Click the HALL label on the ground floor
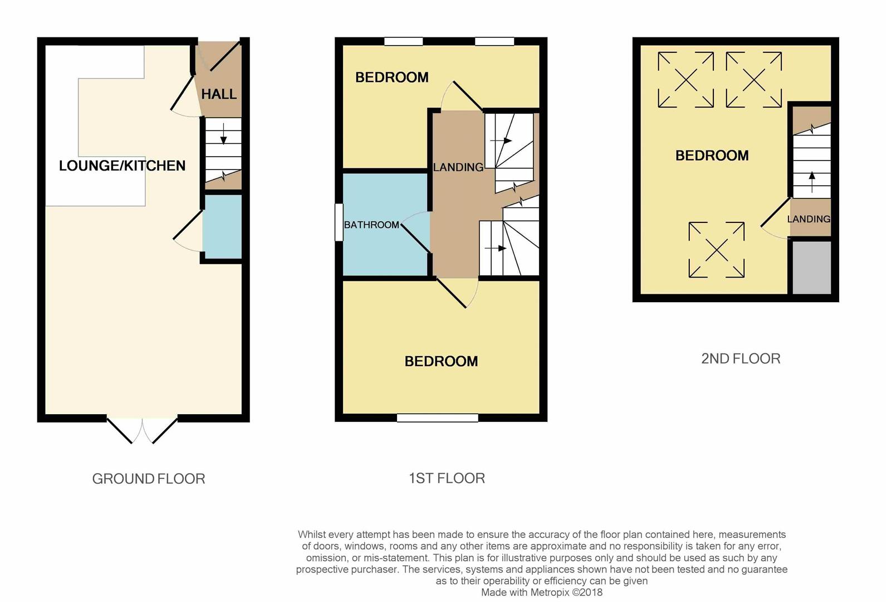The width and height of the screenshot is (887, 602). pos(219,94)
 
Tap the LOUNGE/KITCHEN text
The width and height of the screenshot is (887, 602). pos(122,166)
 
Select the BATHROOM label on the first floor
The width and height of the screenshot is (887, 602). pos(371,225)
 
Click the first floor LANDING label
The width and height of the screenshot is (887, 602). pos(458,167)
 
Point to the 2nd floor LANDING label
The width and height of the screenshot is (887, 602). pos(808,219)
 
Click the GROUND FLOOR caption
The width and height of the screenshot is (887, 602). pos(149,479)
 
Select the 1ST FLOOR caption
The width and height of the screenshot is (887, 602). pos(447,478)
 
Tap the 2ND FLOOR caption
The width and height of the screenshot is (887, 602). pos(741,358)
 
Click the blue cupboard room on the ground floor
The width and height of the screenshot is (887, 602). pos(222,226)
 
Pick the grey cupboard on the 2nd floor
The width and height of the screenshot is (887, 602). pos(811,267)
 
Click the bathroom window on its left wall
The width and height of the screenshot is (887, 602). pos(339,222)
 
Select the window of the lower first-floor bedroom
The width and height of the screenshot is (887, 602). pos(438,417)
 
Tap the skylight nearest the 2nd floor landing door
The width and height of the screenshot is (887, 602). pos(717,250)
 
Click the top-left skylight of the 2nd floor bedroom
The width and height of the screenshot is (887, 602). pos(685,80)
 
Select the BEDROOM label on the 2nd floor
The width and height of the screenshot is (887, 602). pos(712,156)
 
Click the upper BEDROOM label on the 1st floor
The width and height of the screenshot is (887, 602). pos(392,77)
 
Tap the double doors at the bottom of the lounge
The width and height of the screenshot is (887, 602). pos(142,429)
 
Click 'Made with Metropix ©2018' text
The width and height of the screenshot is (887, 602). pos(541,593)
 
